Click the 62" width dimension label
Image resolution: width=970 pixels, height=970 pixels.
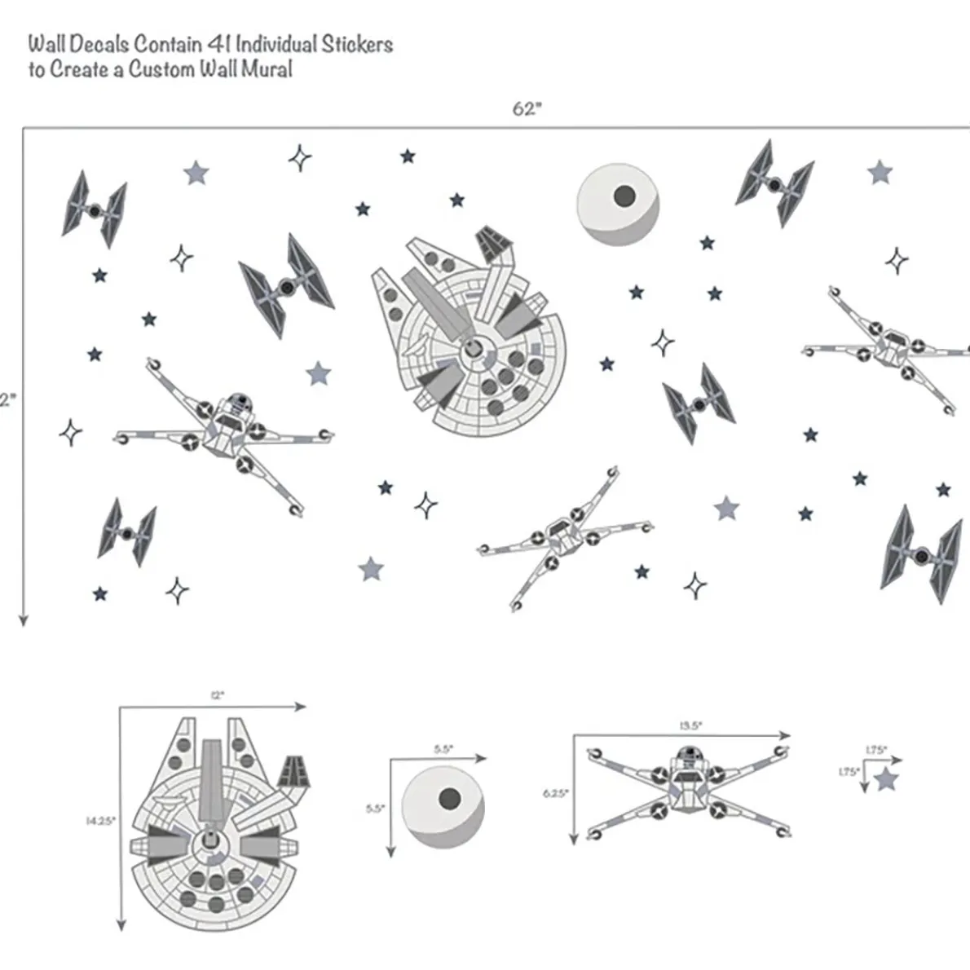(526, 109)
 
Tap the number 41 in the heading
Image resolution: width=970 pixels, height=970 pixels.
(228, 44)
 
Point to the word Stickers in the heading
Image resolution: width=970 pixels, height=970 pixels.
(356, 44)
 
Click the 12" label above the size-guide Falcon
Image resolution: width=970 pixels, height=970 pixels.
(217, 695)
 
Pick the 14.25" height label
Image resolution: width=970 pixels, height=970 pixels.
(101, 821)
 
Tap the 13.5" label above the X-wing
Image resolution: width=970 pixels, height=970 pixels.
(690, 725)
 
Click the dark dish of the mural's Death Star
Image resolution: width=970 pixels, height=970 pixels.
(624, 195)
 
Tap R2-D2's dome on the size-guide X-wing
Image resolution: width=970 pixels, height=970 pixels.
(687, 752)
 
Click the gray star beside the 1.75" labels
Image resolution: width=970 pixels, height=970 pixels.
(885, 780)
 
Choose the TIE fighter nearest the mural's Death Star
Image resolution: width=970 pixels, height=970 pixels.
(774, 183)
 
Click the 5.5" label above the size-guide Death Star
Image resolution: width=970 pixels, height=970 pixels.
(443, 748)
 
